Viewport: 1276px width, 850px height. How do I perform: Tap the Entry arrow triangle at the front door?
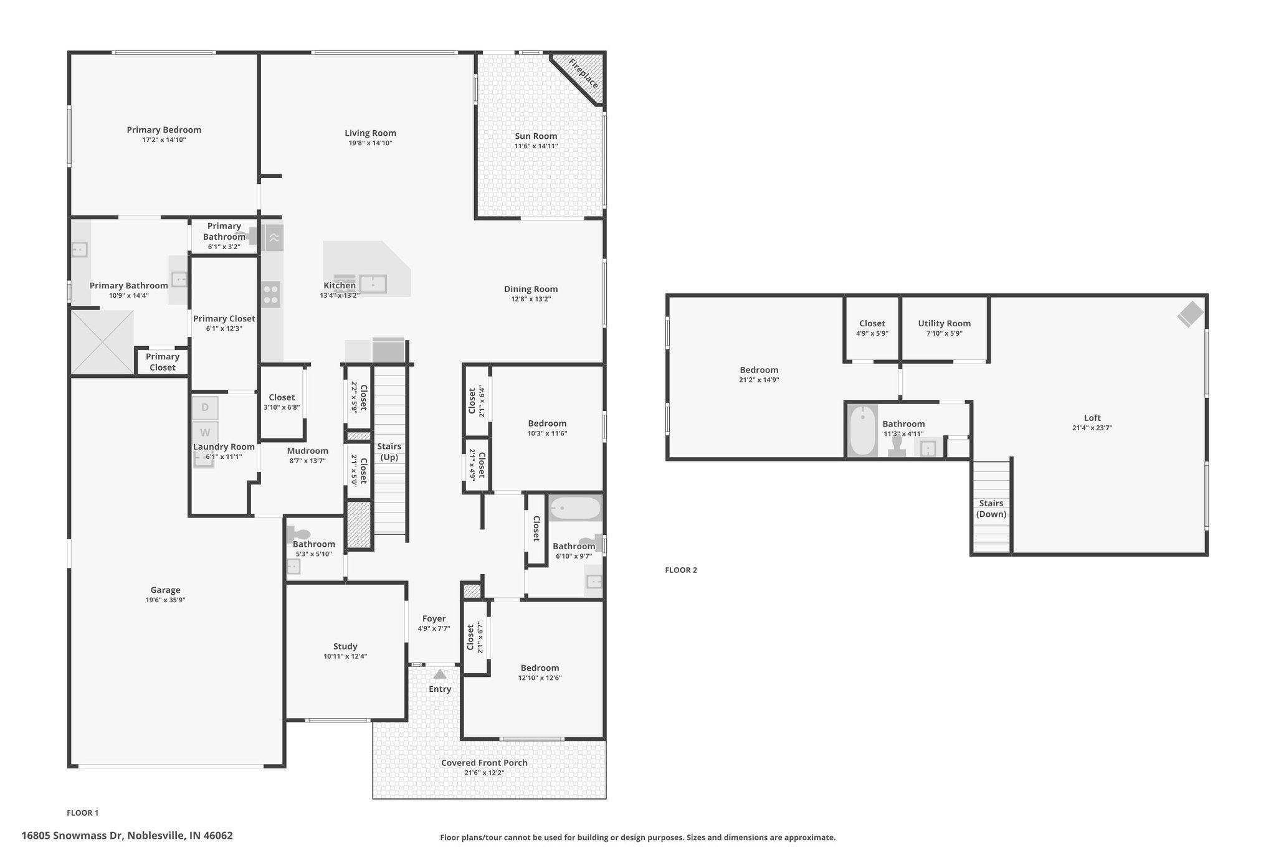(440, 674)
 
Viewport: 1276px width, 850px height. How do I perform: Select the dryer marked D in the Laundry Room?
(205, 408)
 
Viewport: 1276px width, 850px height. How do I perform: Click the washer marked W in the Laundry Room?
(205, 432)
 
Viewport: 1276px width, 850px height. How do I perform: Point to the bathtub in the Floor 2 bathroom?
(863, 430)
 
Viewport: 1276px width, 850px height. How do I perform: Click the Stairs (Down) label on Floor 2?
(991, 509)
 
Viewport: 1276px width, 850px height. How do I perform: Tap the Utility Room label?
(944, 323)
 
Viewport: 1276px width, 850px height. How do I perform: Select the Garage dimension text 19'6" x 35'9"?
(165, 600)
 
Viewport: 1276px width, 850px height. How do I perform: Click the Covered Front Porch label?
(484, 763)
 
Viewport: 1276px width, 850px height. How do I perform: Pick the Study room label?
(345, 646)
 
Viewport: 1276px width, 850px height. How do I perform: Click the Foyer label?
(434, 618)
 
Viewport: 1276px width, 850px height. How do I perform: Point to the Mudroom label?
(307, 451)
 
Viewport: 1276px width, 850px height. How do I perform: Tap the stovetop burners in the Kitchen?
(271, 295)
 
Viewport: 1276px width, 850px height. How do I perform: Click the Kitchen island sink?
(373, 284)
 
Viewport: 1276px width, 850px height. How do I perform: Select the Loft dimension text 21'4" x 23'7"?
(1092, 428)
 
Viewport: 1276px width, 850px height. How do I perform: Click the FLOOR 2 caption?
(681, 570)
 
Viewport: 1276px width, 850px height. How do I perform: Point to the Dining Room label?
(531, 289)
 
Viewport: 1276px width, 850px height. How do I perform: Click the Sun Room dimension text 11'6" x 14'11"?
(536, 146)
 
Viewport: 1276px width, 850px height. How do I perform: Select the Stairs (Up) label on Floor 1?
(389, 452)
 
